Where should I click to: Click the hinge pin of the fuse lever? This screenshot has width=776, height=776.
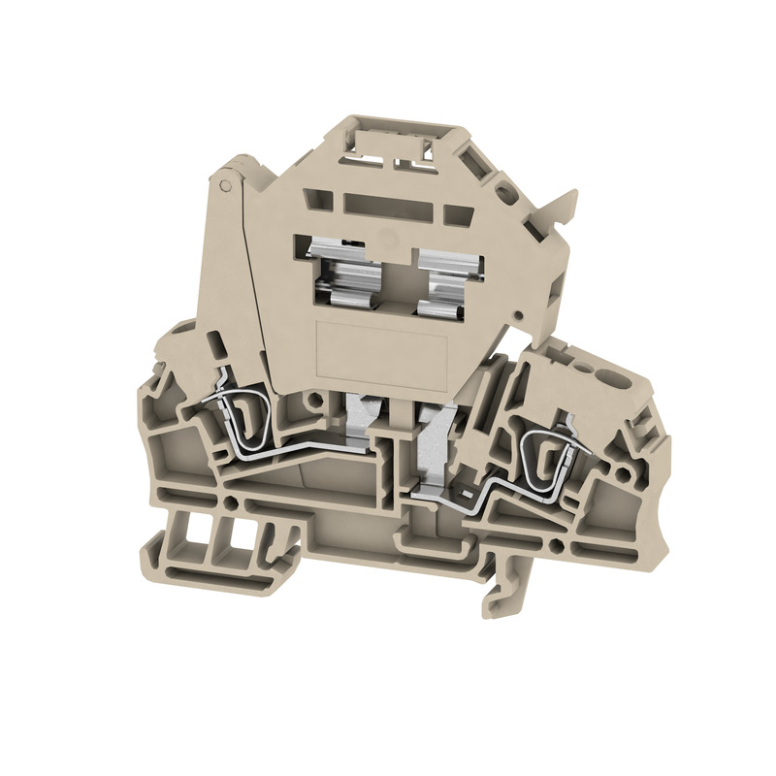coord(224,181)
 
